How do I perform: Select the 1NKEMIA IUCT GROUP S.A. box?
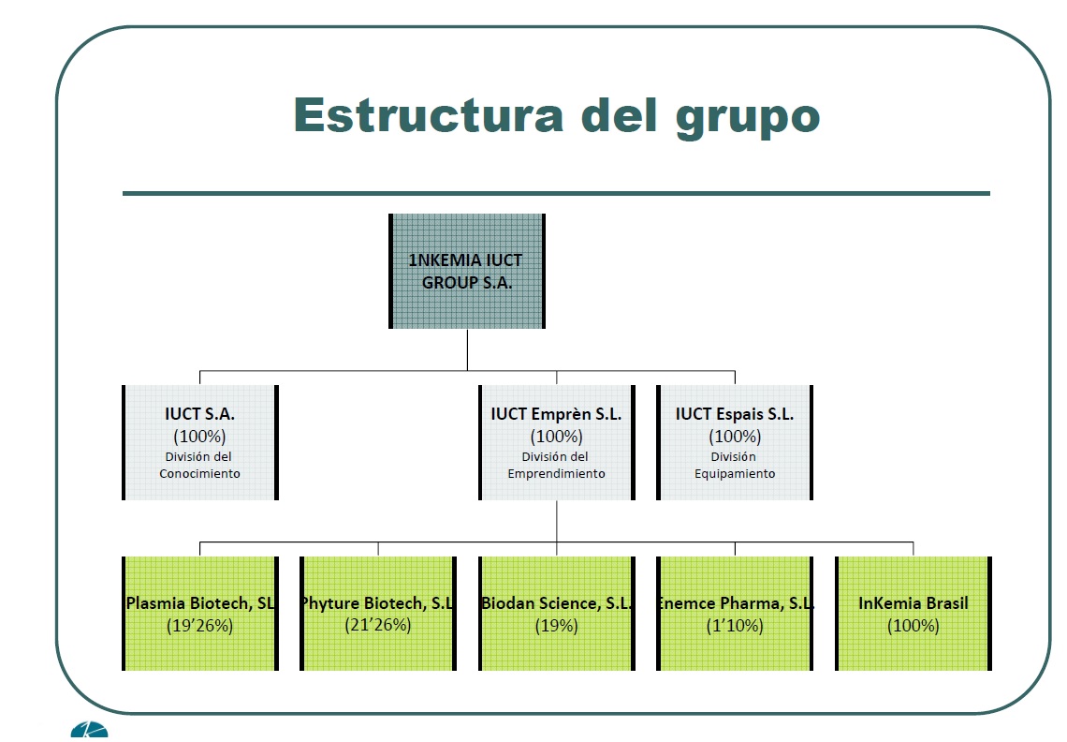click(x=467, y=271)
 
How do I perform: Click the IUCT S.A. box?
click(x=200, y=442)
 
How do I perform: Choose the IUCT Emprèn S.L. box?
click(x=557, y=442)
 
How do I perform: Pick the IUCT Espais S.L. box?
click(x=735, y=442)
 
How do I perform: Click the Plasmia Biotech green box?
click(x=200, y=614)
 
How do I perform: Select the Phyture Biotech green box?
click(x=378, y=614)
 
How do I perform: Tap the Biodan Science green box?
click(x=557, y=614)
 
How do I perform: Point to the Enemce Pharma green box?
click(x=735, y=614)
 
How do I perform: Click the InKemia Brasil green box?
click(x=914, y=614)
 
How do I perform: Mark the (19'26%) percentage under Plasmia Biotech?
click(x=200, y=626)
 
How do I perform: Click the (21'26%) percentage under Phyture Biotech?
click(x=378, y=625)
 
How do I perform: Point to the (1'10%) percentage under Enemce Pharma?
click(x=735, y=626)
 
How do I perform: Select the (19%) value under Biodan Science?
click(x=557, y=626)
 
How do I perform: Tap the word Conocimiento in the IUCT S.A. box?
click(x=200, y=473)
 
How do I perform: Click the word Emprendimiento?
click(x=557, y=473)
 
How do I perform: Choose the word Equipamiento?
click(x=735, y=473)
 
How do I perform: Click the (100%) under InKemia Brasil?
click(x=914, y=626)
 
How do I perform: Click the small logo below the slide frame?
click(x=89, y=730)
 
